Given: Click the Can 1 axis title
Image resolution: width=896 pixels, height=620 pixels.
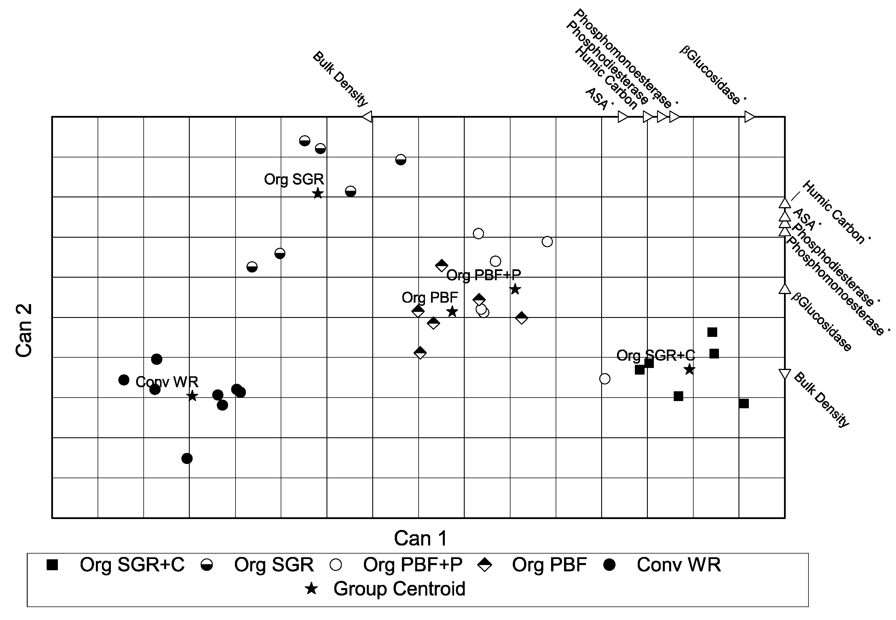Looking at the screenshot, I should [421, 538].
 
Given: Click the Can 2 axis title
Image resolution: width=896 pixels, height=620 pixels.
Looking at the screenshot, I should [24, 330].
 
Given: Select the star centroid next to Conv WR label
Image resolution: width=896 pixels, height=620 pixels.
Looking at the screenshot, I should [192, 396].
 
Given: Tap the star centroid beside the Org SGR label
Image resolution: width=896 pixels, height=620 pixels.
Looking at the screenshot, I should [318, 193].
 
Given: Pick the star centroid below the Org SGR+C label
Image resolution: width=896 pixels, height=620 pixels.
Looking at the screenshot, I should [689, 369].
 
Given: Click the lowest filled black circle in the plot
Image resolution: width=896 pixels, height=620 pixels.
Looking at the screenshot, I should [187, 458].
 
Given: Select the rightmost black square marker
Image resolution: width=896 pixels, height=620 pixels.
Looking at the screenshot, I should [744, 404].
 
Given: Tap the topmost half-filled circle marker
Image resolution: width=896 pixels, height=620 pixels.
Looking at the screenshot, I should [305, 141].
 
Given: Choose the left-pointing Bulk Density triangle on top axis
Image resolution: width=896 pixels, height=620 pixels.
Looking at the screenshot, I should [367, 117].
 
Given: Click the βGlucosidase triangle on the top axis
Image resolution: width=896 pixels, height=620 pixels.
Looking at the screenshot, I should [749, 117].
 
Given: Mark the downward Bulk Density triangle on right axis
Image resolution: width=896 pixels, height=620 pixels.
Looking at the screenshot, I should [785, 374].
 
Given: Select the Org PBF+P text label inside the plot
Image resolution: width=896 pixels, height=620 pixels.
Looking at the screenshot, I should [483, 275].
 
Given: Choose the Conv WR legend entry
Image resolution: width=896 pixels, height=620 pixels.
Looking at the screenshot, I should [678, 564].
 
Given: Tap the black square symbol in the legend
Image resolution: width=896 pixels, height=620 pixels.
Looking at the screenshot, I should [52, 565].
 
